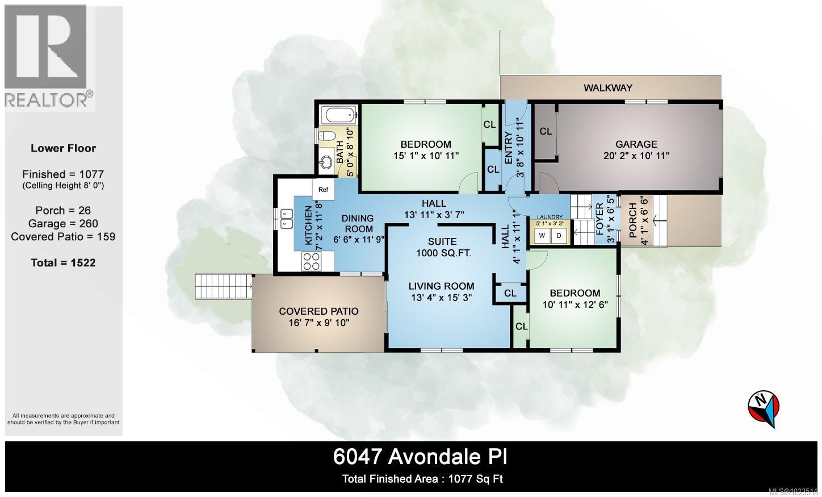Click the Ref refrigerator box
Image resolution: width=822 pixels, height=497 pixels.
[x=323, y=190]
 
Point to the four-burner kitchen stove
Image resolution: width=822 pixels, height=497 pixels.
[x=311, y=261]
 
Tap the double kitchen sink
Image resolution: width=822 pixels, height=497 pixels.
[x=284, y=219]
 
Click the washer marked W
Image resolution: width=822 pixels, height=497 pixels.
[x=542, y=235]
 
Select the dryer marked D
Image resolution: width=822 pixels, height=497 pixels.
[x=559, y=235]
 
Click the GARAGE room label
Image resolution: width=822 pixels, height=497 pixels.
[x=636, y=144]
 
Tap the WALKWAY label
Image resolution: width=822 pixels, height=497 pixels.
[x=608, y=88]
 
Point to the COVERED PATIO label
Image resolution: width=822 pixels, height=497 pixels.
[x=318, y=311]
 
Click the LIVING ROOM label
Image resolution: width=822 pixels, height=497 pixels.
[x=443, y=286]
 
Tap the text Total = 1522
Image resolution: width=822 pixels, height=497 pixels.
[x=63, y=263]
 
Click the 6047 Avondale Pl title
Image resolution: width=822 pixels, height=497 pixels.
[x=420, y=457]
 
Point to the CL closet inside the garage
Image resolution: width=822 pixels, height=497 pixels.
[x=546, y=132]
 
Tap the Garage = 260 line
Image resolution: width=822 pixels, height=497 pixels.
[x=63, y=223]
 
